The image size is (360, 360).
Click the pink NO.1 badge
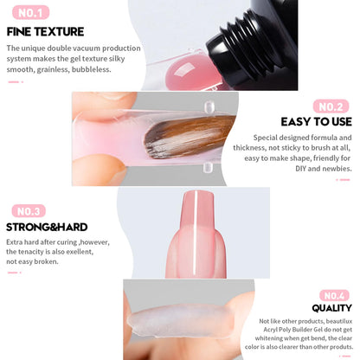(x=30, y=13)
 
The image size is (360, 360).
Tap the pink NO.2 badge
(x=331, y=106)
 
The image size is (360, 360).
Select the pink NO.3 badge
(x=29, y=211)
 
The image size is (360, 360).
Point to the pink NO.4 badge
(x=334, y=295)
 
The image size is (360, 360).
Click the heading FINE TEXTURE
(x=45, y=32)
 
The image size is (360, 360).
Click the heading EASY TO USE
(x=317, y=122)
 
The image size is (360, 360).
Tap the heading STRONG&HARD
(x=47, y=227)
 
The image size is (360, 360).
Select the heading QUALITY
(x=331, y=308)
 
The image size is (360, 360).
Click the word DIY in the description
(x=300, y=169)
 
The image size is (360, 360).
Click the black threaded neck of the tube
(x=242, y=43)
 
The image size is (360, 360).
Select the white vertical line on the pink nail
(x=195, y=233)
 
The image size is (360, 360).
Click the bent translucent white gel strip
(x=180, y=321)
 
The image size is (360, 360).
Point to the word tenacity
(x=30, y=252)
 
